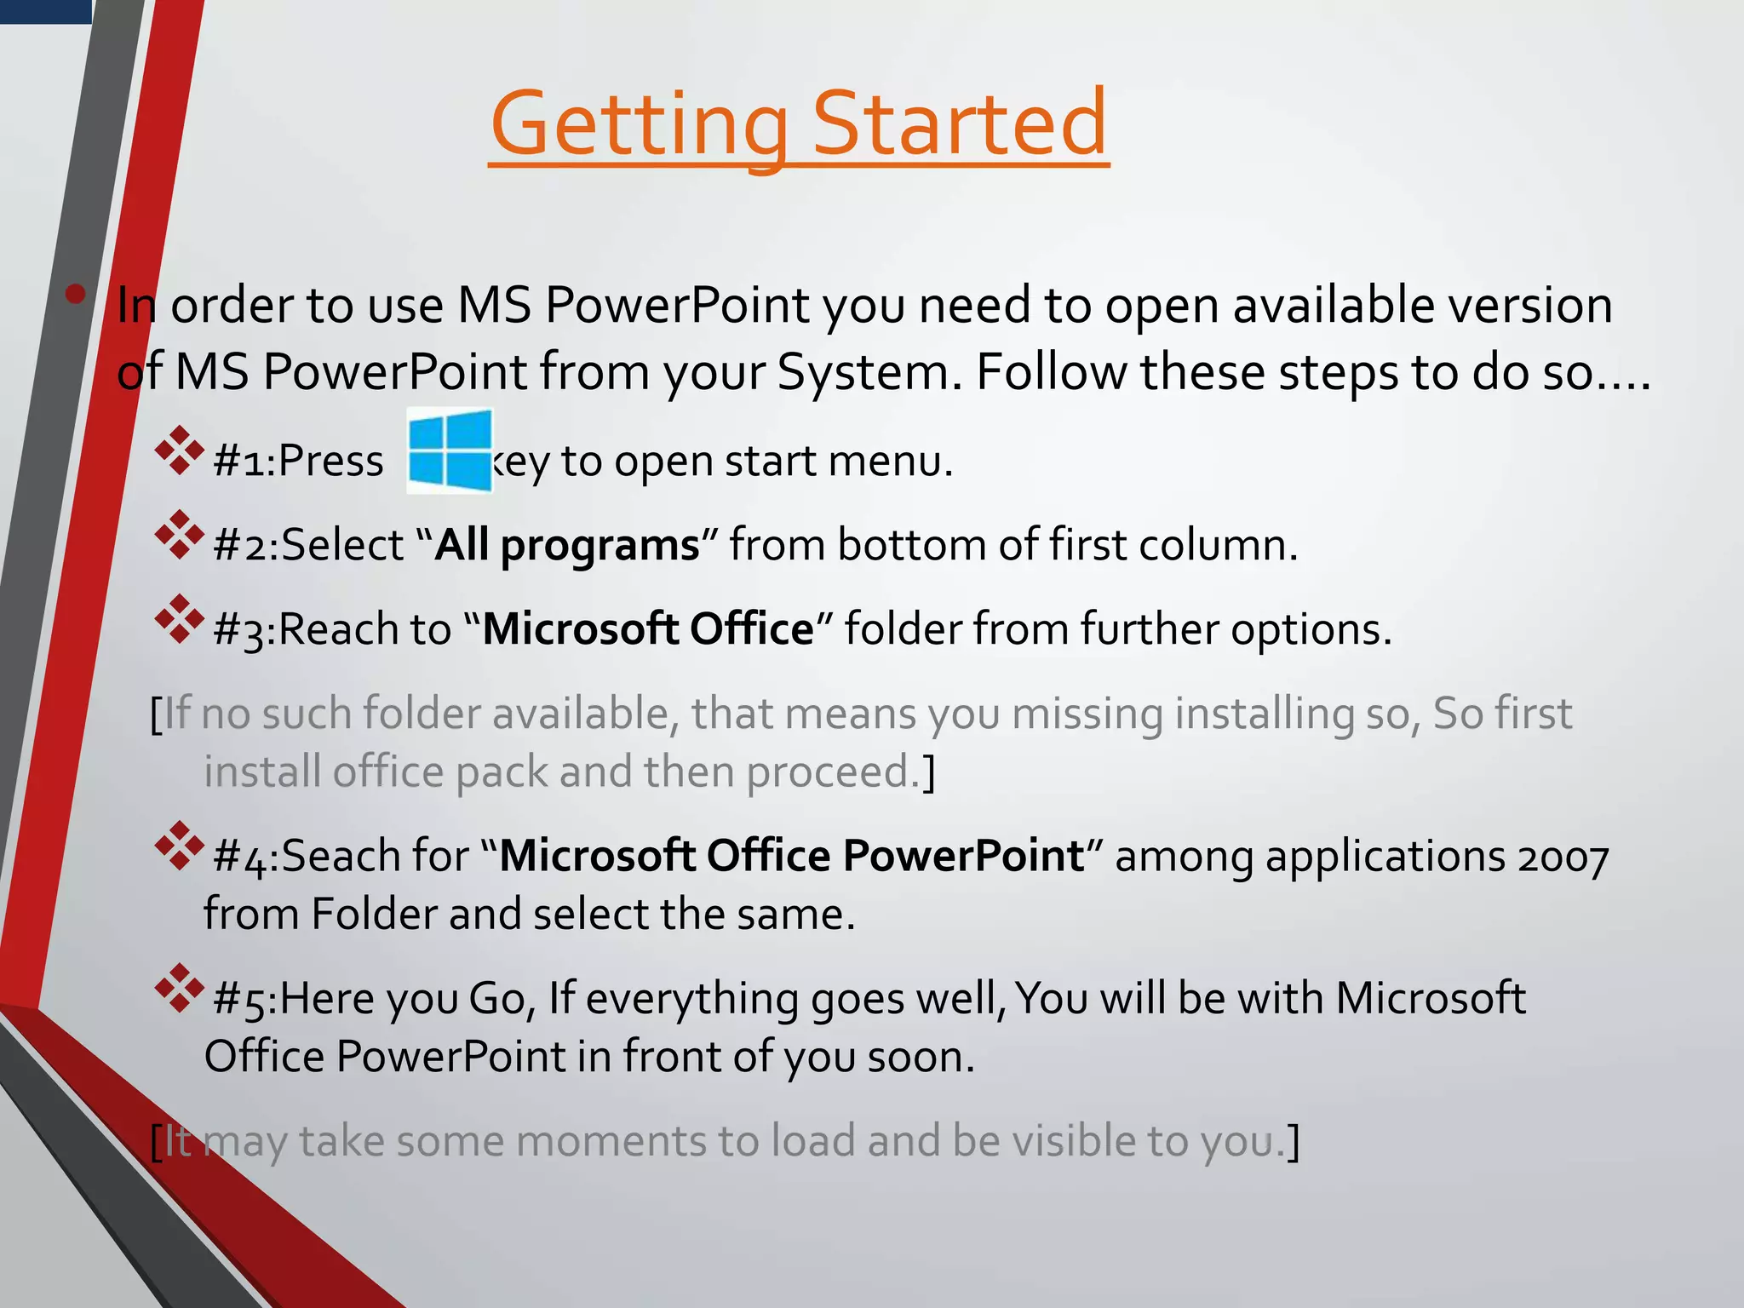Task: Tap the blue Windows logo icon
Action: click(x=450, y=450)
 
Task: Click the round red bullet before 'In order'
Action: click(x=76, y=295)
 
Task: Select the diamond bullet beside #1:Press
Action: click(x=180, y=450)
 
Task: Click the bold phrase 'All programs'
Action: click(x=566, y=546)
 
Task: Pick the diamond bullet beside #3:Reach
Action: click(x=180, y=619)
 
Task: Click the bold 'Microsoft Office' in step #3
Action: click(x=647, y=629)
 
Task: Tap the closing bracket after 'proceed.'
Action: click(x=930, y=772)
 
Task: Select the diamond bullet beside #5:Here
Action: click(x=180, y=988)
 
